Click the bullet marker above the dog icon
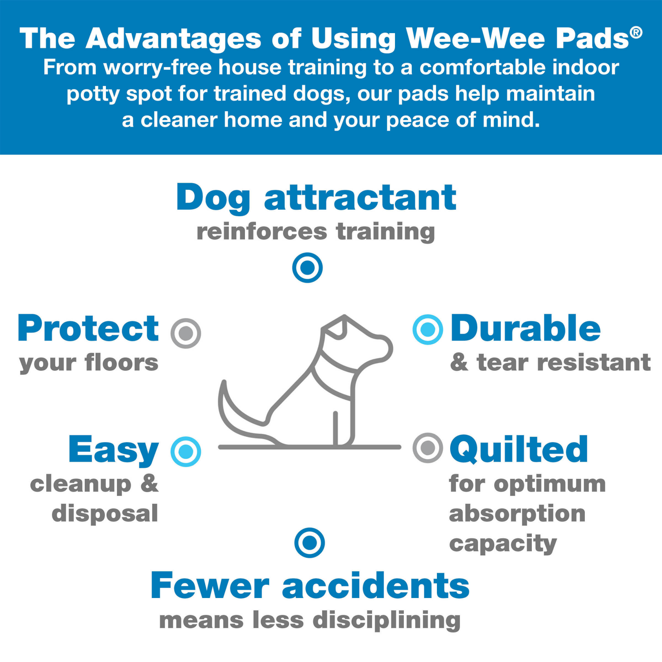point(308,267)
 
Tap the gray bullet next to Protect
point(186,333)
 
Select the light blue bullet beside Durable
point(428,329)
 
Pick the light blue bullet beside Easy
point(186,451)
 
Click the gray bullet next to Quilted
point(428,448)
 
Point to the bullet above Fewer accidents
point(309,542)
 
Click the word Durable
point(525,329)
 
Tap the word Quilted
point(519,449)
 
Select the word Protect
point(88,329)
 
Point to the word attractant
point(360,198)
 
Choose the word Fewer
point(210,586)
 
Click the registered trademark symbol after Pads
point(636,32)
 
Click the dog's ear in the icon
point(336,327)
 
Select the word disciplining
point(387,620)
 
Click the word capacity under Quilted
point(503,544)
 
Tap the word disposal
point(105,513)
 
